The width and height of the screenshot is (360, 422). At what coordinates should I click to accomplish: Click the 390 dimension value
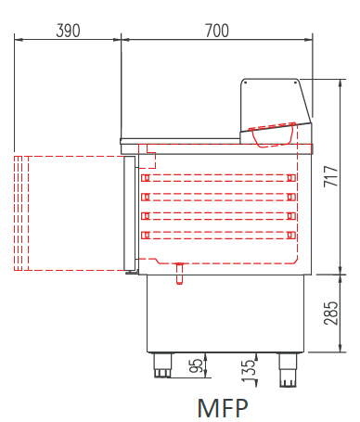(68, 31)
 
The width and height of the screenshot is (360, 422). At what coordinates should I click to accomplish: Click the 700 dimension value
(217, 31)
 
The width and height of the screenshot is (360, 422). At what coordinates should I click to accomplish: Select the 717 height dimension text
(330, 176)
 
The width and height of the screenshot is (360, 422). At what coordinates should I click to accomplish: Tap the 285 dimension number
(330, 313)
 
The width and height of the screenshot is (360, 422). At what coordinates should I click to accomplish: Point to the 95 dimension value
(196, 365)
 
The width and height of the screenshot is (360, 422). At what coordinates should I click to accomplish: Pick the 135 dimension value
(249, 371)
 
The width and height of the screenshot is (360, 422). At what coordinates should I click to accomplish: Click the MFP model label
(223, 408)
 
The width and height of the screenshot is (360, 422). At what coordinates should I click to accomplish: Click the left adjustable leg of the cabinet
(162, 365)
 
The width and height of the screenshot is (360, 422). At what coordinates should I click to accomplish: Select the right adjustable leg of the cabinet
(288, 370)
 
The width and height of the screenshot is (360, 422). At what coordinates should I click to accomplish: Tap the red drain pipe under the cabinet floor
(179, 274)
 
